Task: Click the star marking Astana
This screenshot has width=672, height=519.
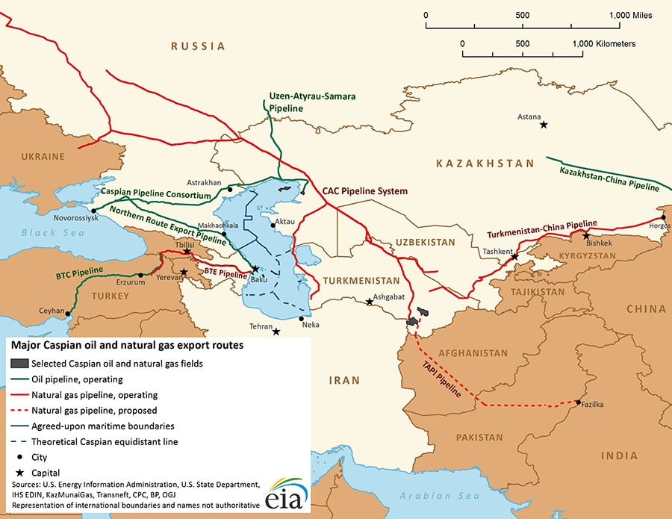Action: click(544, 125)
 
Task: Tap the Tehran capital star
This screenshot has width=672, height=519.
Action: click(276, 332)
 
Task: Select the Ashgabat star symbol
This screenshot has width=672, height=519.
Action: click(370, 302)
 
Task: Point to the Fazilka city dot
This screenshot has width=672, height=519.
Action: click(579, 403)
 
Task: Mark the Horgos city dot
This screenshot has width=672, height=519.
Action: click(663, 217)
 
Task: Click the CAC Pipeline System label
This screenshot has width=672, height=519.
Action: click(365, 191)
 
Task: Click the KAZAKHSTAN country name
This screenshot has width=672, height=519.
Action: click(485, 164)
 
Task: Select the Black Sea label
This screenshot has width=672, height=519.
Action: click(44, 233)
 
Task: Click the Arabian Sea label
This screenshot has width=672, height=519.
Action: click(431, 496)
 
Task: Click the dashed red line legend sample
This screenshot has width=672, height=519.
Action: click(19, 411)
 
